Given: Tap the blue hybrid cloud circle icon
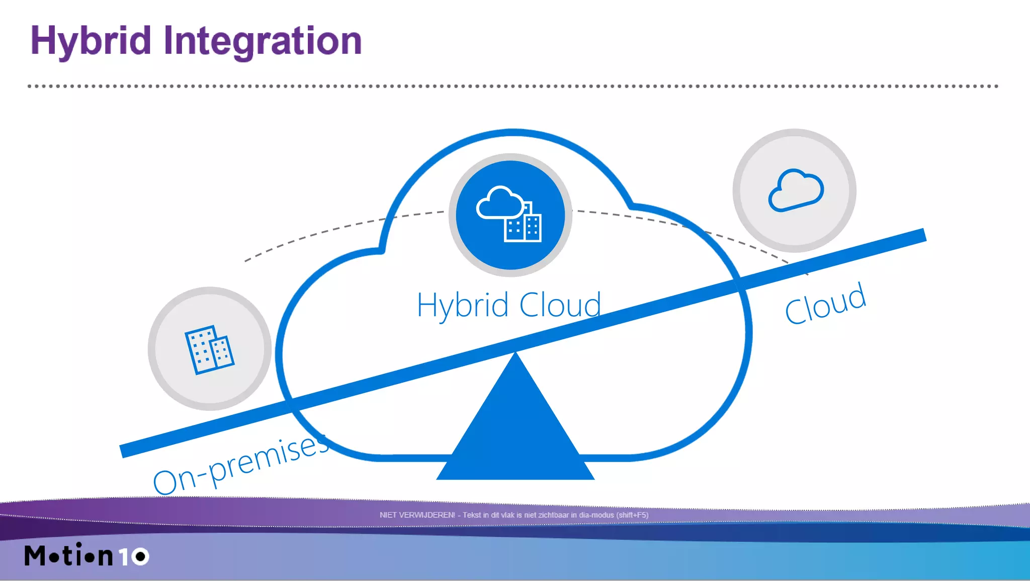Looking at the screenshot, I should click(x=510, y=215).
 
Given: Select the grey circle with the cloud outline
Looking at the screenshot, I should click(x=795, y=190).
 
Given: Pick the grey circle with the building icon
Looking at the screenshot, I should click(x=210, y=349).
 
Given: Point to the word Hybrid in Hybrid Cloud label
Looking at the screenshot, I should click(x=463, y=305).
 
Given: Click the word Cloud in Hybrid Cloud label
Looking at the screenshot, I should click(x=560, y=305).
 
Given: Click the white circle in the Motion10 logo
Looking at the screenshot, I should click(x=140, y=556).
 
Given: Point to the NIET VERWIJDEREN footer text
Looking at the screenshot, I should click(x=513, y=515).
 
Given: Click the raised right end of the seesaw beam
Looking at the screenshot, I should click(x=915, y=236).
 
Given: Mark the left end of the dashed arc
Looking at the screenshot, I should click(x=246, y=260).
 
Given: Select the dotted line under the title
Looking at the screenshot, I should click(x=513, y=86).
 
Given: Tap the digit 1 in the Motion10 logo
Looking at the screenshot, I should click(x=124, y=556).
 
